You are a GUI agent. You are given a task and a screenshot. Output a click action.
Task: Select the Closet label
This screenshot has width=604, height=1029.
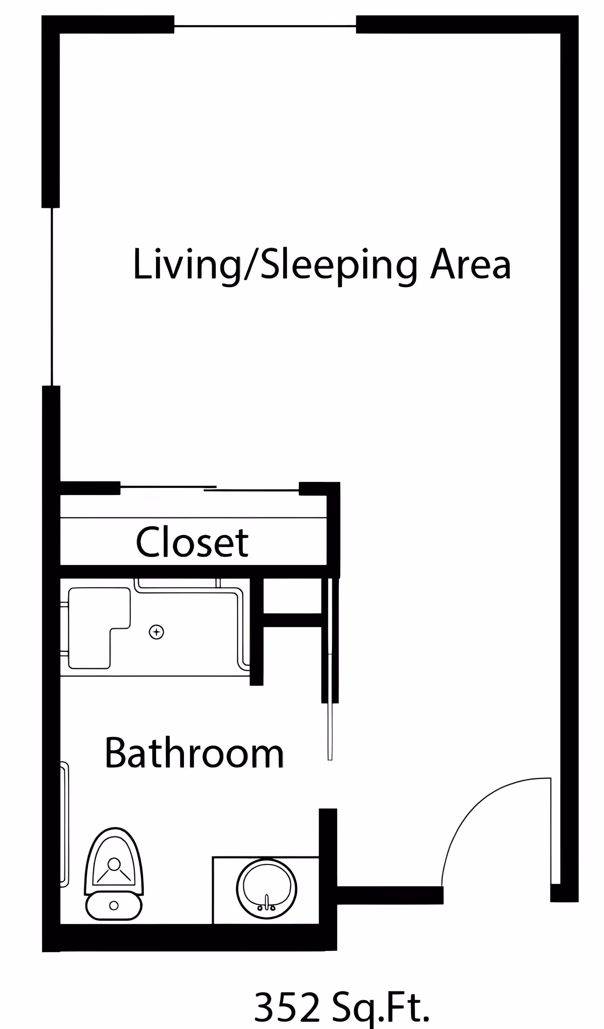[192, 542]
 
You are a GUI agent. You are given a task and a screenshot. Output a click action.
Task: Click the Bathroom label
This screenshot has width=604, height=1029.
[194, 753]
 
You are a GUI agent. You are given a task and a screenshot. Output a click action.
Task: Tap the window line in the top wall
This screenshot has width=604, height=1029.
[265, 26]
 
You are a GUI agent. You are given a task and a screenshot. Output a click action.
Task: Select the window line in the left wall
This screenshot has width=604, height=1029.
[52, 296]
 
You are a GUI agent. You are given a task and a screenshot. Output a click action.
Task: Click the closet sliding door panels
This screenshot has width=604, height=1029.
[209, 488]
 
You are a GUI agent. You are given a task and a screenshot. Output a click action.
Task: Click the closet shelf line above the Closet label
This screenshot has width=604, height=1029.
[193, 518]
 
